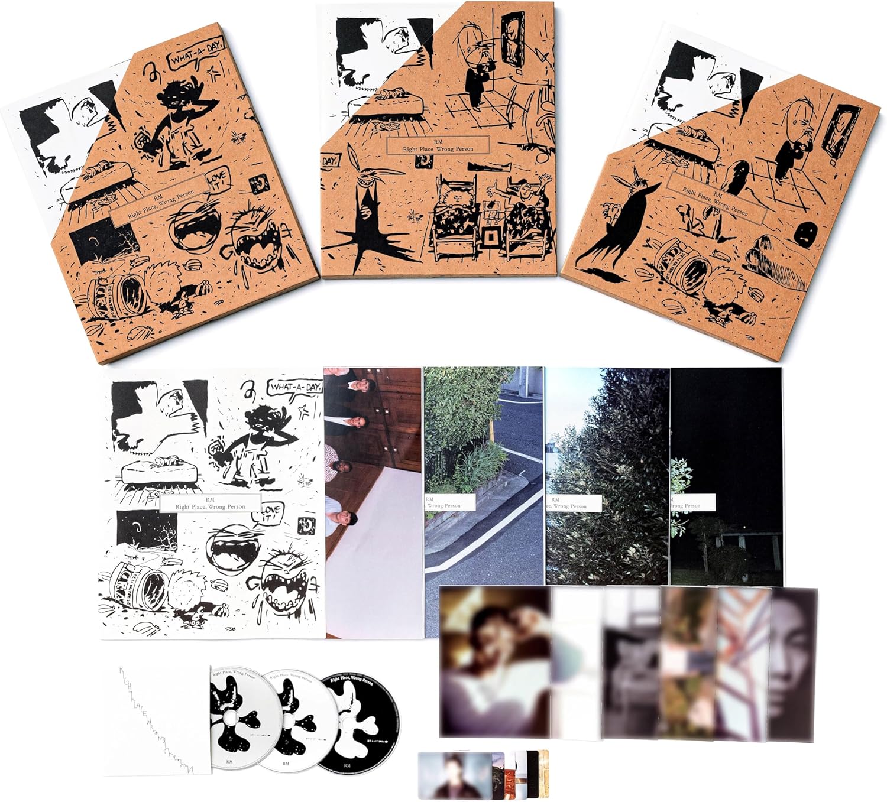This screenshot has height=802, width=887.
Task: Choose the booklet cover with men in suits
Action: [373, 502]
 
